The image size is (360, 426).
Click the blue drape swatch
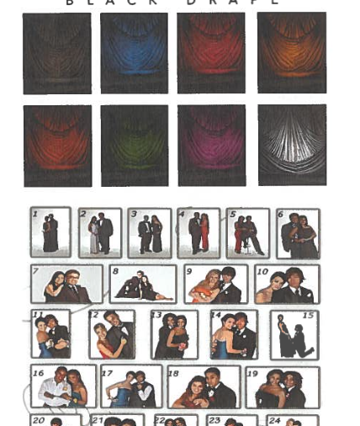(134, 52)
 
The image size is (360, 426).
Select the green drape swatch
(134, 145)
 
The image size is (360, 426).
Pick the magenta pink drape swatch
(211, 145)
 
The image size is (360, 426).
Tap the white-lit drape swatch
(291, 145)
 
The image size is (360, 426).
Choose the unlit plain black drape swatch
(56, 52)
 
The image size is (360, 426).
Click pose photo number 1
(50, 232)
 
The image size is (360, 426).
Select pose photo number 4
(199, 232)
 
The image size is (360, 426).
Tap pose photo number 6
(298, 233)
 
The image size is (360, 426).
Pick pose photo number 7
(66, 284)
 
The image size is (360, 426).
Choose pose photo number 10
(287, 284)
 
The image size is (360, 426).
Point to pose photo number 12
(112, 334)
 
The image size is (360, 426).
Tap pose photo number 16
(63, 386)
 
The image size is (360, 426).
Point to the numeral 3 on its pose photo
(134, 215)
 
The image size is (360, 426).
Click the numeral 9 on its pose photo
(189, 272)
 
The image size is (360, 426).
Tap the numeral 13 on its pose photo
(156, 316)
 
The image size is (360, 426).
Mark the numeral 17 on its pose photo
(107, 371)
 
